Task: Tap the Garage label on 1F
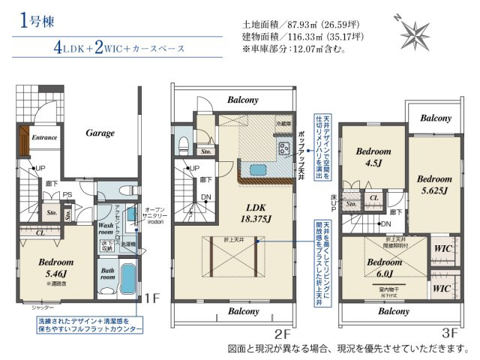pyautogui.click(x=100, y=133)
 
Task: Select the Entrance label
pyautogui.click(x=44, y=138)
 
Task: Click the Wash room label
pyautogui.click(x=106, y=229)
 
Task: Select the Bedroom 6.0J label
pyautogui.click(x=385, y=268)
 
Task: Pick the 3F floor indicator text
pyautogui.click(x=450, y=331)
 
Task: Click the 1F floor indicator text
pyautogui.click(x=153, y=298)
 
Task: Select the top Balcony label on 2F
pyautogui.click(x=242, y=100)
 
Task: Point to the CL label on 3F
pyautogui.click(x=373, y=198)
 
